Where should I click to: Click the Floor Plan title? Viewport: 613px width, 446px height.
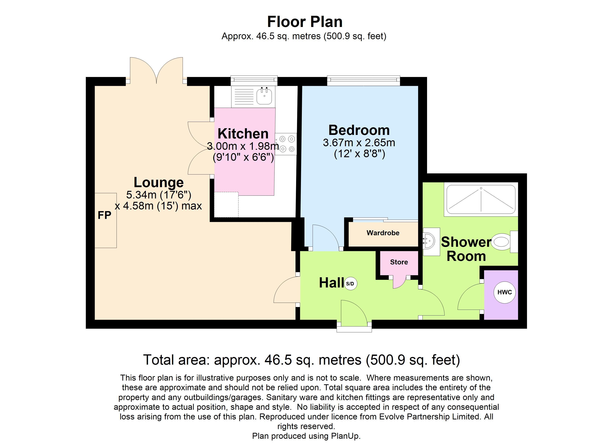click(305, 22)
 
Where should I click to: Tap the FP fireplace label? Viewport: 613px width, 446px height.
click(104, 215)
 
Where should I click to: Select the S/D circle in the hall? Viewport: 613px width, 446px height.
click(350, 284)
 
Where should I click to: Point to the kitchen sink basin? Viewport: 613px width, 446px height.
click(264, 96)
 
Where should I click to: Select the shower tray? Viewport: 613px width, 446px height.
click(481, 199)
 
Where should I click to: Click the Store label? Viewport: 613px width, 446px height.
click(399, 262)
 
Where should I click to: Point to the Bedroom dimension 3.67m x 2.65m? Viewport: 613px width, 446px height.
click(359, 143)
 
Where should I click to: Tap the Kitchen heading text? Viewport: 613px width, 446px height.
click(243, 134)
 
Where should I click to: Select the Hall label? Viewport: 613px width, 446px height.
click(331, 283)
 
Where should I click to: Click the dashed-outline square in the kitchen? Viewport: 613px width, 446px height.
click(226, 204)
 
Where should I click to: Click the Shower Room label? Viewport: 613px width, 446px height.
click(466, 249)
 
